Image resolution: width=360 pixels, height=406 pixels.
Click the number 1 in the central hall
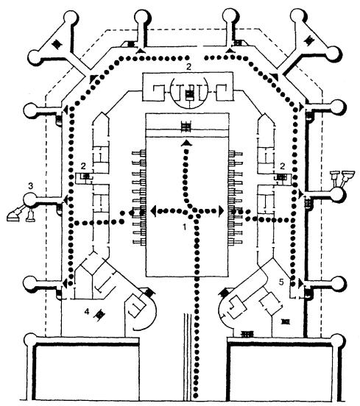click(x=185, y=227)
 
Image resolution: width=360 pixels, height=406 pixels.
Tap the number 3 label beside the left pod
click(x=31, y=185)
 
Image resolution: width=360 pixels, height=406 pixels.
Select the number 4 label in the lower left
click(x=87, y=312)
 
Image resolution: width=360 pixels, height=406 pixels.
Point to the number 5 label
click(x=282, y=282)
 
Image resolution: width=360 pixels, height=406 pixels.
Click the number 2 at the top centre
click(x=188, y=67)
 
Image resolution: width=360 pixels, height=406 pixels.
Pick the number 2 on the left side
click(x=83, y=165)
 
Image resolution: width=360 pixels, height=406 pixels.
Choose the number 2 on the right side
click(x=283, y=166)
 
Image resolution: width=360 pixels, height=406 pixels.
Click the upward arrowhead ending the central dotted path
click(x=186, y=143)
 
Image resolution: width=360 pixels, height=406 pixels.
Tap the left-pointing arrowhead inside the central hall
click(x=154, y=211)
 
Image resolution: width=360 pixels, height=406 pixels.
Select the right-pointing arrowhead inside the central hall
click(x=221, y=211)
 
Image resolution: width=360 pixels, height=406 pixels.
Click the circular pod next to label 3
click(x=30, y=200)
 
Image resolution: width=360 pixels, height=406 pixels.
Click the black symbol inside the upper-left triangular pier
click(x=57, y=44)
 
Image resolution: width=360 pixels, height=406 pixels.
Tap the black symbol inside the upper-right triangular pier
click(x=309, y=40)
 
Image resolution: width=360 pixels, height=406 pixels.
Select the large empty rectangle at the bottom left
click(x=87, y=373)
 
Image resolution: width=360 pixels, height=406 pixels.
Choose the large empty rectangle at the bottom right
click(x=280, y=373)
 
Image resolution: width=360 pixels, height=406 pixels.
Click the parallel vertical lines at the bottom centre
click(x=188, y=359)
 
